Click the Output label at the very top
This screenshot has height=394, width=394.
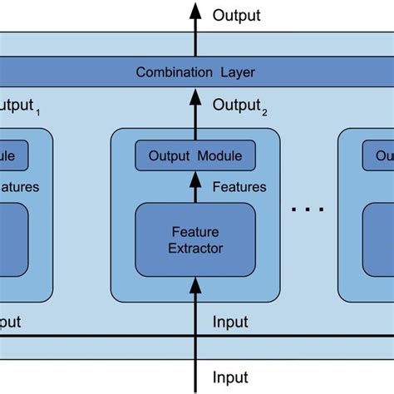pyautogui.click(x=236, y=15)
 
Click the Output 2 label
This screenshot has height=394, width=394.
pyautogui.click(x=239, y=106)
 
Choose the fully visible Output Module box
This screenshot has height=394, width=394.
pyautogui.click(x=195, y=155)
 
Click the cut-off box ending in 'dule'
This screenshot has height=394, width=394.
pyautogui.click(x=14, y=155)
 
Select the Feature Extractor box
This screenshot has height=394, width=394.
pyautogui.click(x=195, y=239)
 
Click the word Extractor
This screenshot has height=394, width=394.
pyautogui.click(x=195, y=248)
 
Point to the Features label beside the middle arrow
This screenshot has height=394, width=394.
pyautogui.click(x=239, y=187)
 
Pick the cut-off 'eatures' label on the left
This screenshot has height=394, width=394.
pyautogui.click(x=18, y=187)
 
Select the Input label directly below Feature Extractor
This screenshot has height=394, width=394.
pyautogui.click(x=230, y=321)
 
